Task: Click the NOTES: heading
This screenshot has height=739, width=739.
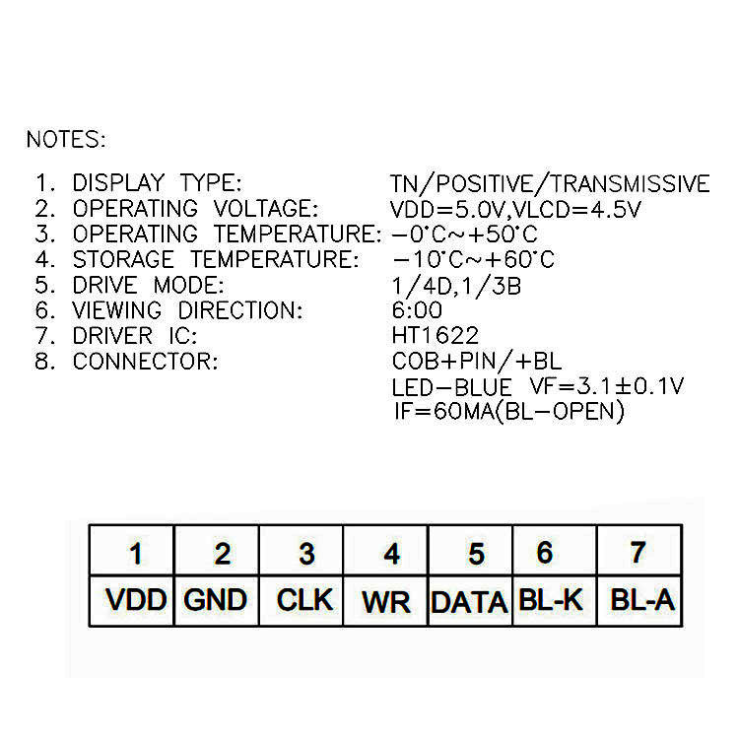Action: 65,139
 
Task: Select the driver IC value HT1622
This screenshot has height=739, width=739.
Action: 436,336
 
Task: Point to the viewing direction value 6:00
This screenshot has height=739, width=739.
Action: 417,310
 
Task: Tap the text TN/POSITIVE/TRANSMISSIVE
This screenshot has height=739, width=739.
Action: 550,184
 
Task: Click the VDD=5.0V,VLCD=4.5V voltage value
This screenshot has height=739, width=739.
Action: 516,209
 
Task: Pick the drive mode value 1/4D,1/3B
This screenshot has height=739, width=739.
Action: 456,286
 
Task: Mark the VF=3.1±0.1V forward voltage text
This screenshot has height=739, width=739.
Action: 607,386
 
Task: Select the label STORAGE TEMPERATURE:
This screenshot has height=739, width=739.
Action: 215,260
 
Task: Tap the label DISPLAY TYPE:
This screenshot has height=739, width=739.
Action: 157,184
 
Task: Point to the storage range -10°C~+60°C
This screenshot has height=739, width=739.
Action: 473,260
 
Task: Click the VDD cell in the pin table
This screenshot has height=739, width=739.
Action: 135,599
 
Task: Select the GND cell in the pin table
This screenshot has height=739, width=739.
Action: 216,599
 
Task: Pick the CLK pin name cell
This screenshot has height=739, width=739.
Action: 304,599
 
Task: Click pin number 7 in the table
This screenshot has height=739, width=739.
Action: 638,552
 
